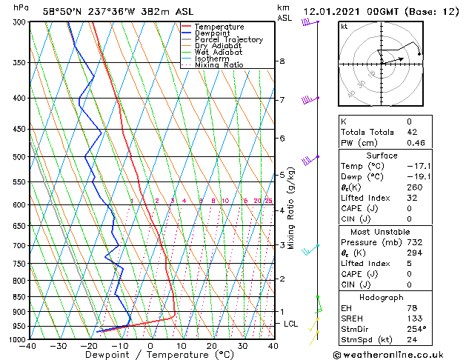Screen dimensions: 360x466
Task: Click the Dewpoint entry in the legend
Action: [x=210, y=33]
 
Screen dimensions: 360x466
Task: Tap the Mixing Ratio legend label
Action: [x=219, y=65]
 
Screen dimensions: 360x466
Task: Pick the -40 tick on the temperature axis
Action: [x=28, y=346]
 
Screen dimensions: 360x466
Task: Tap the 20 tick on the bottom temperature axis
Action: [x=212, y=346]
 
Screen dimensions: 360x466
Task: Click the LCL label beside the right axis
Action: [x=291, y=324]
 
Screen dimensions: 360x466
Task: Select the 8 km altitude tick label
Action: [x=282, y=61]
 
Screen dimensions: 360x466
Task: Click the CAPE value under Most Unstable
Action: [x=409, y=273]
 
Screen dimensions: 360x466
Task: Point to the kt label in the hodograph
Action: [x=344, y=26]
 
